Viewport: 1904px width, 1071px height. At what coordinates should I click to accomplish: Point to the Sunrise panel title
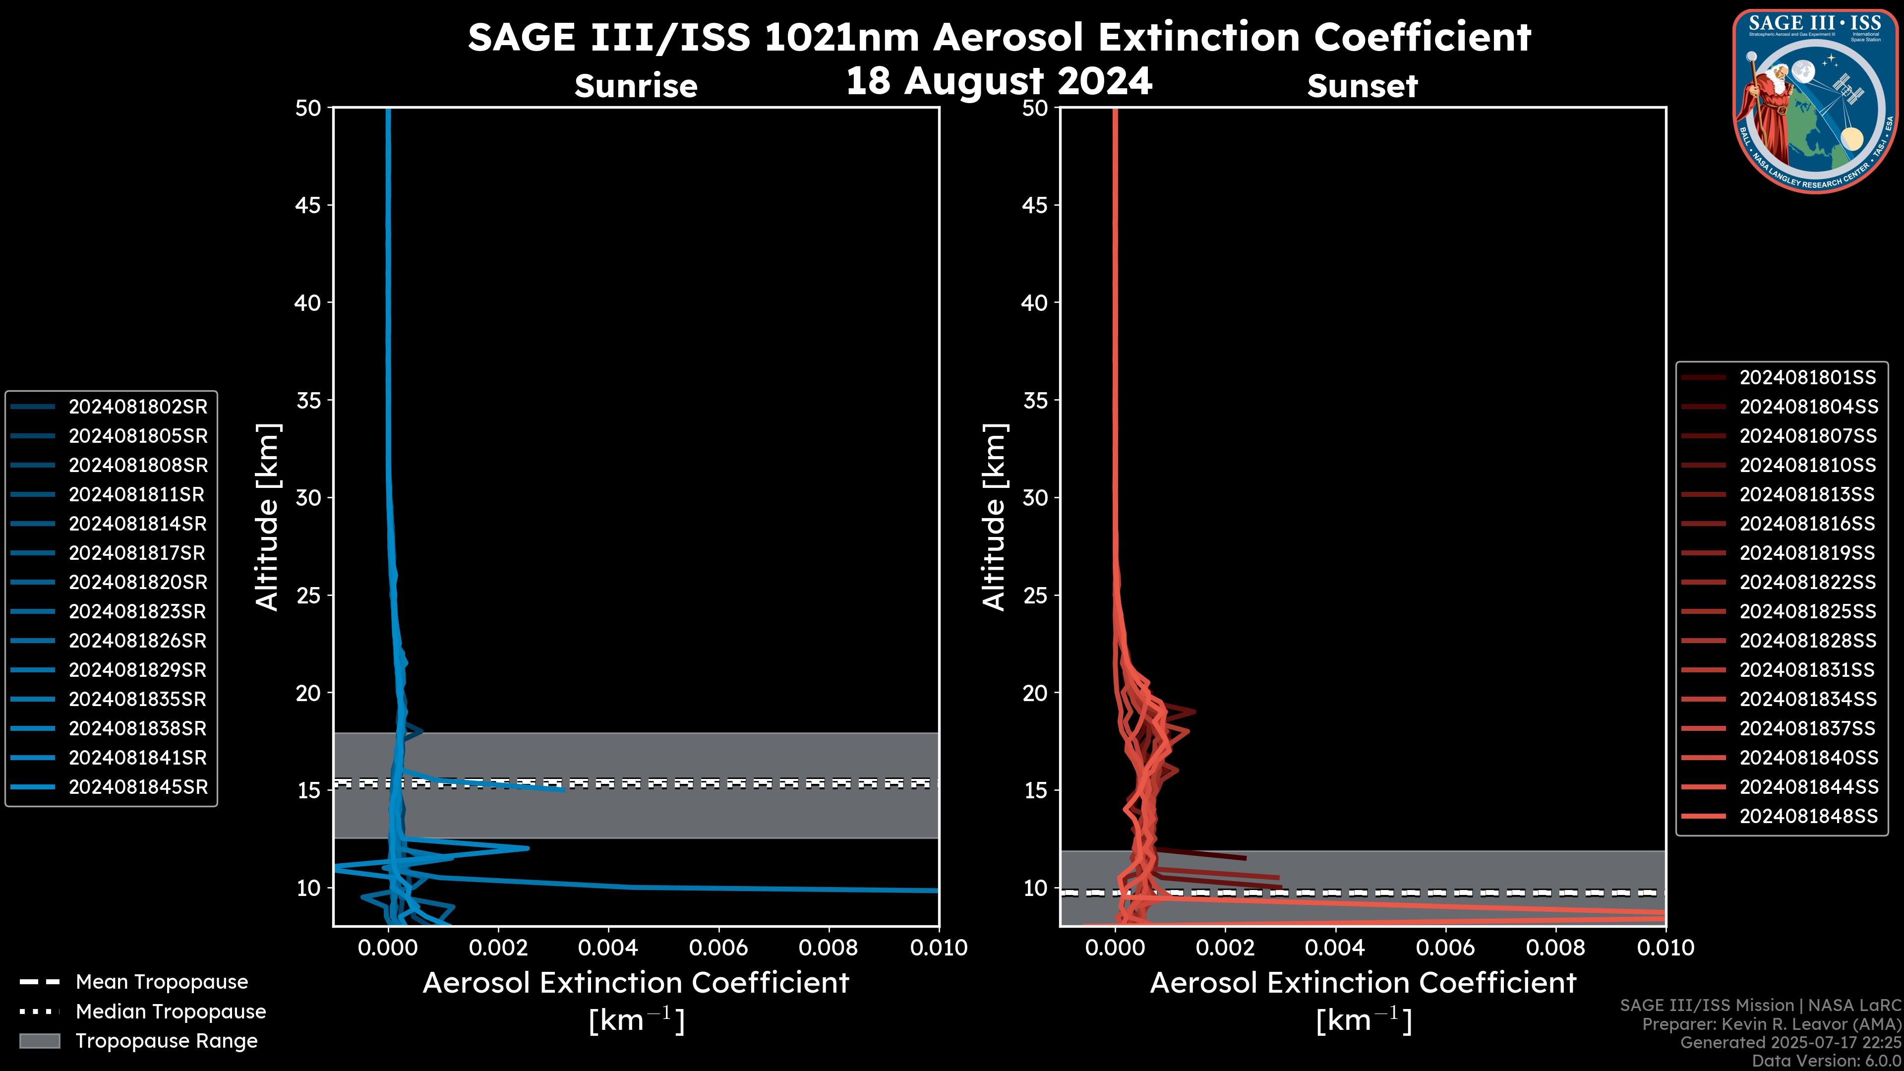point(636,86)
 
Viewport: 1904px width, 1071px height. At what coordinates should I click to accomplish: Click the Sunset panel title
point(1362,86)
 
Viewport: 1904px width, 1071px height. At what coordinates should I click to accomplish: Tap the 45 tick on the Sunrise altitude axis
point(308,205)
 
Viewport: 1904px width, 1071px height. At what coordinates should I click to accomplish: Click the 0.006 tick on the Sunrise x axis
point(718,948)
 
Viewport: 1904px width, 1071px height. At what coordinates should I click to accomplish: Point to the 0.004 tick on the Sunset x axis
point(1336,948)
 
